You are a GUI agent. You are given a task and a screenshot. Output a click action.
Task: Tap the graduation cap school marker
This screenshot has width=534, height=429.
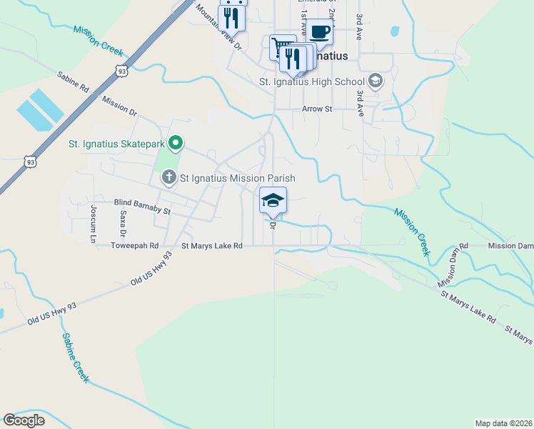273,200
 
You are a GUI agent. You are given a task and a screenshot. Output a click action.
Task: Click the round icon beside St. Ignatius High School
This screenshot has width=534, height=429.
375,82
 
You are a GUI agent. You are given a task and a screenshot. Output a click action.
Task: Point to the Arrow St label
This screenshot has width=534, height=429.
317,109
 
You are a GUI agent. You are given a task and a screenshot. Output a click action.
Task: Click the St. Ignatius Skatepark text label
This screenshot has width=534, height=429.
116,144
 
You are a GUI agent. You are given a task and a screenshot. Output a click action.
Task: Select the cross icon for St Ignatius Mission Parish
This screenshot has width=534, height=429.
168,177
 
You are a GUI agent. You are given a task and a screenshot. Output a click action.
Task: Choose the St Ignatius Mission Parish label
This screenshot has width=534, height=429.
237,178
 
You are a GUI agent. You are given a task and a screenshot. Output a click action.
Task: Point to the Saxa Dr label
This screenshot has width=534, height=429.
123,223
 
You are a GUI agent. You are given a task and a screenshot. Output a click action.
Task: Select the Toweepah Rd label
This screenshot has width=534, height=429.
134,245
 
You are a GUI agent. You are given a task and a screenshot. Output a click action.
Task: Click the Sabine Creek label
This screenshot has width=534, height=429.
75,357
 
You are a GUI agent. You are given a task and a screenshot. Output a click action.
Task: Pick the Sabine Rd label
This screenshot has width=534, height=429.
73,82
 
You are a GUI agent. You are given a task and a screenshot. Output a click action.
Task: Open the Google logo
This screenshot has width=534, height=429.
24,420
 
